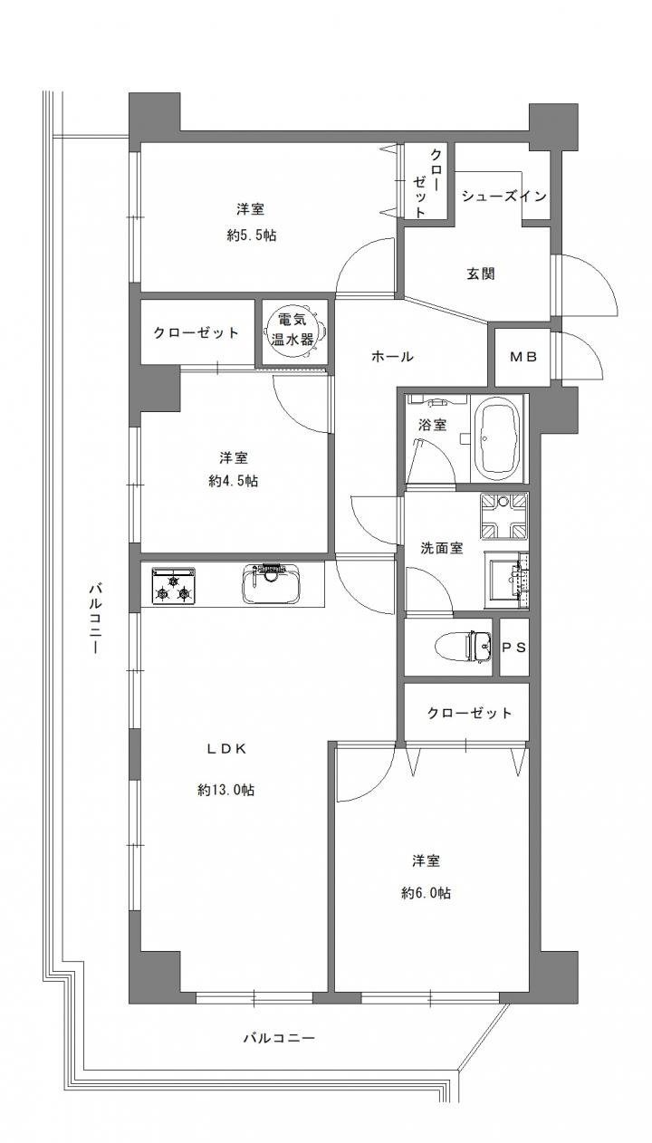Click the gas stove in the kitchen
pyautogui.click(x=174, y=584)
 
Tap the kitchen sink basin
pyautogui.click(x=271, y=584)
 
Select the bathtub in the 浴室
pyautogui.click(x=497, y=438)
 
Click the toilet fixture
pyautogui.click(x=464, y=647)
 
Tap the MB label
pyautogui.click(x=524, y=357)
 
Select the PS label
pyautogui.click(x=513, y=648)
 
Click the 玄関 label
pyautogui.click(x=481, y=274)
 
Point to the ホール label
pyautogui.click(x=392, y=357)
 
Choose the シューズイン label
pyautogui.click(x=504, y=197)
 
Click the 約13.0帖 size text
pyautogui.click(x=225, y=790)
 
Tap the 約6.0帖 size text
pyautogui.click(x=426, y=892)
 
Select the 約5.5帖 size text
pyautogui.click(x=251, y=235)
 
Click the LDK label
pyautogui.click(x=226, y=748)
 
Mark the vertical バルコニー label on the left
pyautogui.click(x=95, y=620)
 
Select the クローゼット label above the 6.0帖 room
pyautogui.click(x=469, y=713)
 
